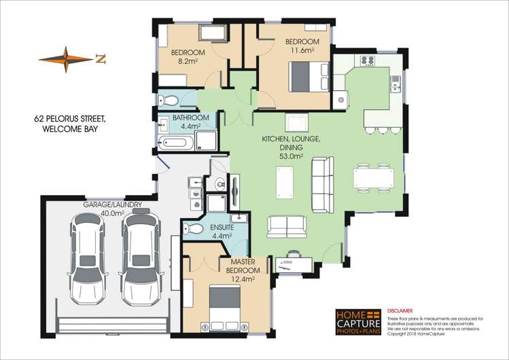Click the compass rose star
pyautogui.click(x=66, y=60)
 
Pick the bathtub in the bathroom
pyautogui.click(x=176, y=143)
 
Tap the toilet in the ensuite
pyautogui.click(x=194, y=228)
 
